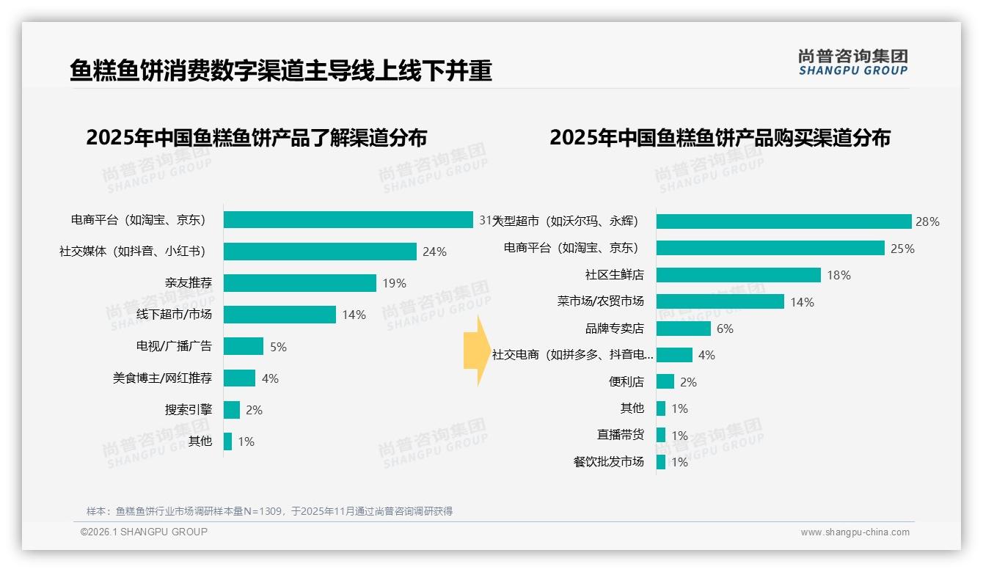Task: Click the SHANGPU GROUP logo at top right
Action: click(852, 62)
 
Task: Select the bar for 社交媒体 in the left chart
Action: click(320, 252)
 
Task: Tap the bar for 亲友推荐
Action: click(299, 283)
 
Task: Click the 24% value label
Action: click(434, 252)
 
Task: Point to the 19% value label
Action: click(394, 283)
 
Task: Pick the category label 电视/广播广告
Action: click(174, 346)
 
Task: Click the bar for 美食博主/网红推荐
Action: click(239, 378)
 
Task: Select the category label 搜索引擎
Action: click(189, 410)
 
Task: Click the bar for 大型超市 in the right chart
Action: click(783, 221)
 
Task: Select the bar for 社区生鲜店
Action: click(738, 275)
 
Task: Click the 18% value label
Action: click(838, 275)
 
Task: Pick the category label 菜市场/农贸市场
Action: click(601, 301)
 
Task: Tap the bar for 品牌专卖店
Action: click(683, 329)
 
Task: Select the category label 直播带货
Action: click(621, 435)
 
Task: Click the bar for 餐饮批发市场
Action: click(661, 462)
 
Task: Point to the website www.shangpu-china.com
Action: click(855, 532)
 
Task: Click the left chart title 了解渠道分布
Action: click(256, 138)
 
